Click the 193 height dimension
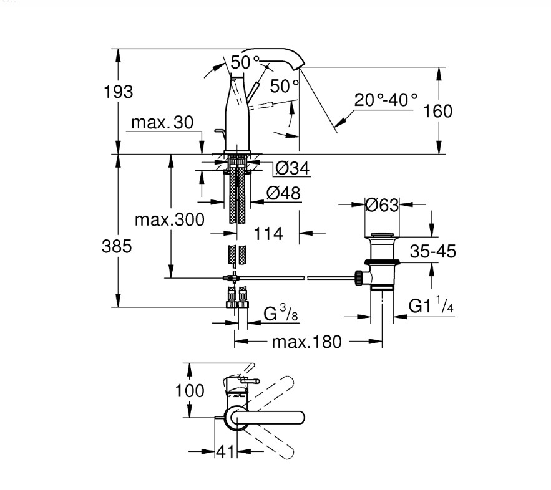(x=119, y=92)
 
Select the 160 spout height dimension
(x=437, y=111)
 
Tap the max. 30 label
(x=162, y=122)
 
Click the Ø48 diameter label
(x=283, y=193)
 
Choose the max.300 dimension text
(x=170, y=219)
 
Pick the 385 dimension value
(x=117, y=246)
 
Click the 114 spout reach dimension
(x=268, y=234)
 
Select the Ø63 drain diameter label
(x=382, y=205)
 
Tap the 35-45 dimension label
(x=433, y=251)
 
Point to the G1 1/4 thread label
(x=431, y=305)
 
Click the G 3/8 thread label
(x=281, y=312)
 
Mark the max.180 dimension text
(x=307, y=342)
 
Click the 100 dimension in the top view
(x=190, y=391)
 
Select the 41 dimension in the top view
(x=225, y=452)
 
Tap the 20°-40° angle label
(x=386, y=100)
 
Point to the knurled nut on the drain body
(x=358, y=277)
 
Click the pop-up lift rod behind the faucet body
(x=220, y=135)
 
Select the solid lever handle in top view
(x=268, y=418)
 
